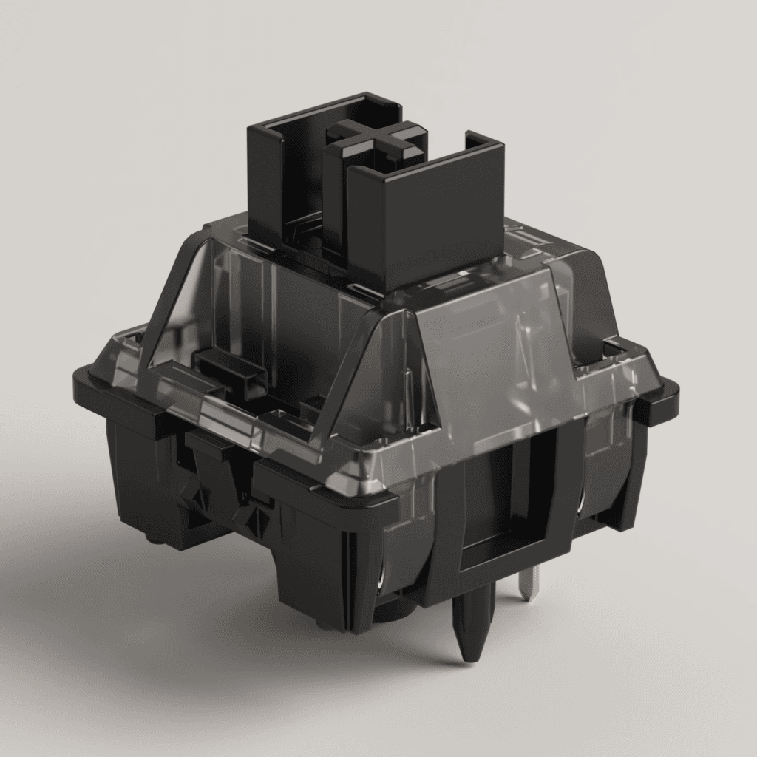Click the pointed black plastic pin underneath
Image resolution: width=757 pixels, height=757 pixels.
[471, 621]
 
